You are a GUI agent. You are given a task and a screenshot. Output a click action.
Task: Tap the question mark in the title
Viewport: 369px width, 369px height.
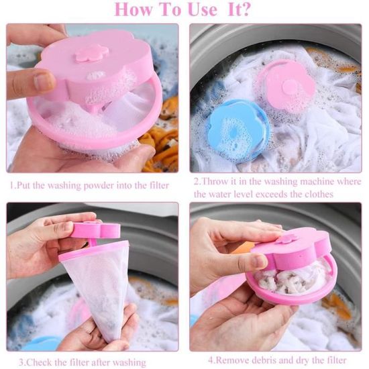246,9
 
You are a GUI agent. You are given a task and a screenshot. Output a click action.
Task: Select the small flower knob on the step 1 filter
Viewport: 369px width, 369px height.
92,53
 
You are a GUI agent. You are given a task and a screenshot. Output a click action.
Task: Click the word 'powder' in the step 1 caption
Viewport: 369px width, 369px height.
99,186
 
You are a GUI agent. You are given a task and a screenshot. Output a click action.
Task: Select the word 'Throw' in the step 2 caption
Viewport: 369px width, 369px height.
215,181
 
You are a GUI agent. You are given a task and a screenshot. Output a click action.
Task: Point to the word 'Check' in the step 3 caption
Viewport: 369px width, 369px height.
39,362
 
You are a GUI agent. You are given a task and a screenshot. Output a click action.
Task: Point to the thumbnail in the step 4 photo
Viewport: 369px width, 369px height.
260,261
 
